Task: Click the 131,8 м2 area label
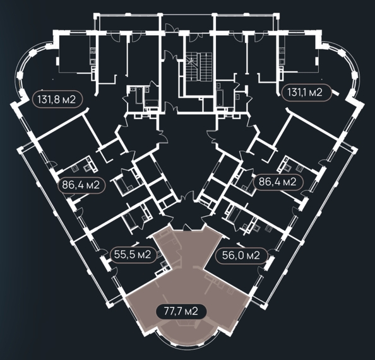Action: pos(57,100)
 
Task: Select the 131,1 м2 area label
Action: pos(306,93)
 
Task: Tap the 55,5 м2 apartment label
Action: pos(133,255)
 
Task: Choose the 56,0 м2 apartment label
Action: pos(241,255)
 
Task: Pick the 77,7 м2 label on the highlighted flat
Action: pos(181,311)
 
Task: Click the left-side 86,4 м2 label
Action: pos(81,185)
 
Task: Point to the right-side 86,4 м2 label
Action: pos(278,182)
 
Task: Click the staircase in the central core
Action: pos(199,67)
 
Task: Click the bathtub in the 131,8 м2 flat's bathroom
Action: pos(139,95)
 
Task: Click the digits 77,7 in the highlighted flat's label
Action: pos(173,311)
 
